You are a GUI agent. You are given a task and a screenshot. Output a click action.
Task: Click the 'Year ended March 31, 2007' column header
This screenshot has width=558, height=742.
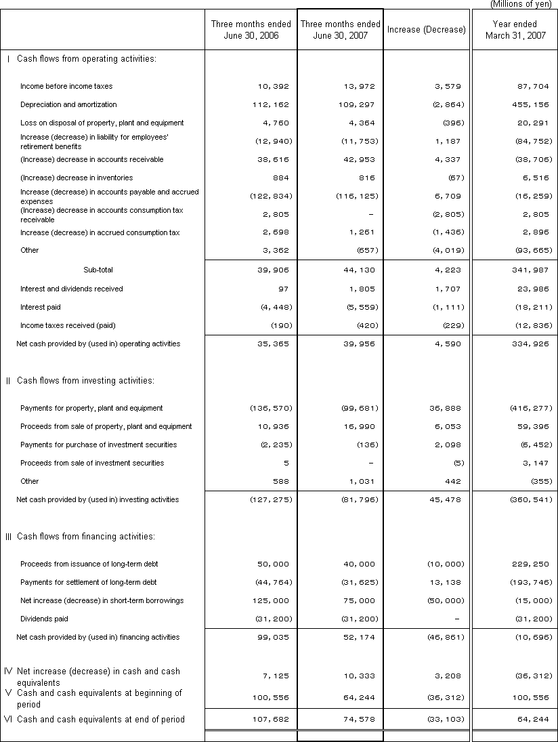515,30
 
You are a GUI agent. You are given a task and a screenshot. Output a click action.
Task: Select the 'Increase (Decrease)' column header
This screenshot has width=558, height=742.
427,30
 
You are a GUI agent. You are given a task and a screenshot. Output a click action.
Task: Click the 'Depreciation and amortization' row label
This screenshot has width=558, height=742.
68,104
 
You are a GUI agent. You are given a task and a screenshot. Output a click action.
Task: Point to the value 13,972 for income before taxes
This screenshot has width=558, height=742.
358,87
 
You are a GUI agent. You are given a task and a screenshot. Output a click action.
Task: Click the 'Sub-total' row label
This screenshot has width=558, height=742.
98,270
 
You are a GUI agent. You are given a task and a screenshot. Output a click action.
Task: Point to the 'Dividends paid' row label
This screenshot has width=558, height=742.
44,619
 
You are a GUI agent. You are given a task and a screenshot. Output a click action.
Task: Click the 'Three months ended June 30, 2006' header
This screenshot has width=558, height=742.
251,30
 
